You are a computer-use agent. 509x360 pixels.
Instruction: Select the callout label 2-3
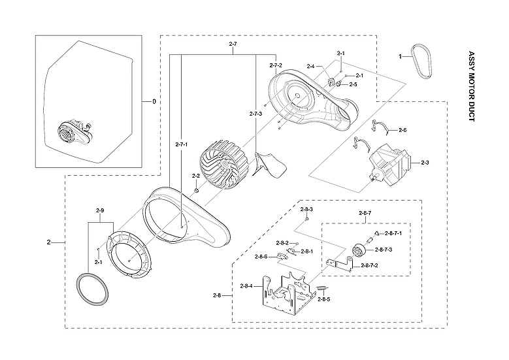425,163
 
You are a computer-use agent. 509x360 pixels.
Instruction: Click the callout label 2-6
402,131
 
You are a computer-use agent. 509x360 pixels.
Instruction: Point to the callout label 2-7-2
276,66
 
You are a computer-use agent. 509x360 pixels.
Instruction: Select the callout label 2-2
196,176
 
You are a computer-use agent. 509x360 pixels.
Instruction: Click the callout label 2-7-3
256,114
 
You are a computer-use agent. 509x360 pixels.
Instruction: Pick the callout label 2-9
100,210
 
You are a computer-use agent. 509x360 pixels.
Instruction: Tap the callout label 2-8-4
248,286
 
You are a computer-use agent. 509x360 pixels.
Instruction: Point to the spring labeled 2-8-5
321,289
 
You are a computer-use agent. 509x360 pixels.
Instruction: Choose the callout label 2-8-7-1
393,233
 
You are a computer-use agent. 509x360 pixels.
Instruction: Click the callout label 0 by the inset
154,101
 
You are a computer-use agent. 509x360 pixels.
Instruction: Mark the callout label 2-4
310,67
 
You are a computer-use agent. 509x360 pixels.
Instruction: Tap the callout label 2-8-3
307,209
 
